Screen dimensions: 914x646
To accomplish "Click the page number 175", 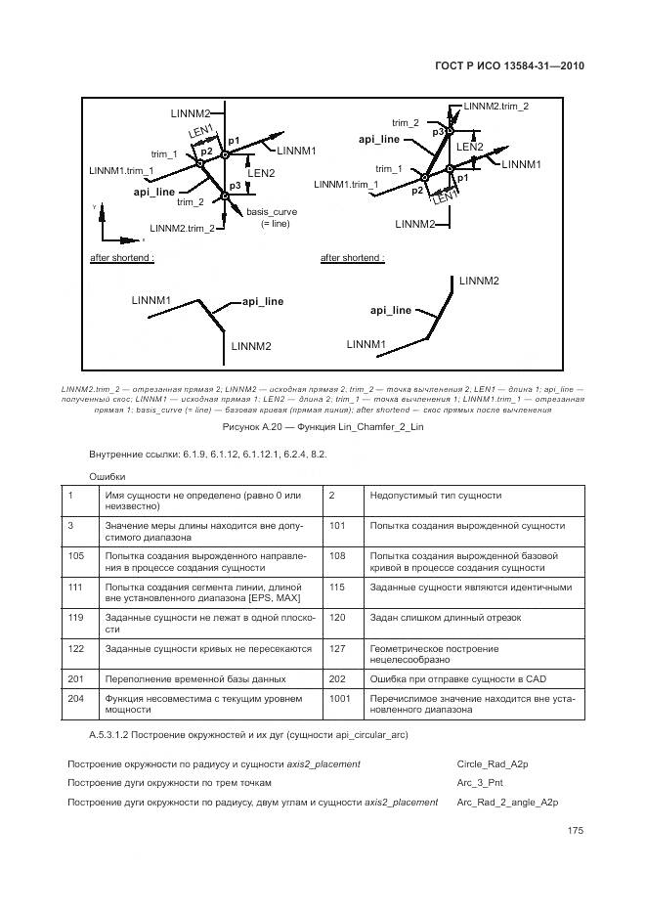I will pyautogui.click(x=575, y=831).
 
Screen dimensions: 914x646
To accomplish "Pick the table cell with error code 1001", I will pyautogui.click(x=339, y=699).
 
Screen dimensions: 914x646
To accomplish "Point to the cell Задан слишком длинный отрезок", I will pyautogui.click(x=439, y=618).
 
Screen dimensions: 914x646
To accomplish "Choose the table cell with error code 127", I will pyautogui.click(x=338, y=647).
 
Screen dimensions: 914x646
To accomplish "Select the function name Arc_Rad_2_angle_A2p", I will pyautogui.click(x=507, y=803).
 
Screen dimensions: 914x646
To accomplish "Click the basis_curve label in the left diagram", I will pyautogui.click(x=272, y=211).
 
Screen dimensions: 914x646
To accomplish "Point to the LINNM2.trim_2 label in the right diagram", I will pyautogui.click(x=496, y=106).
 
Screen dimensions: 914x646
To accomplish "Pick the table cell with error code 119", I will pyautogui.click(x=74, y=618).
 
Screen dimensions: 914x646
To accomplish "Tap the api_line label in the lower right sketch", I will pyautogui.click(x=391, y=310).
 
